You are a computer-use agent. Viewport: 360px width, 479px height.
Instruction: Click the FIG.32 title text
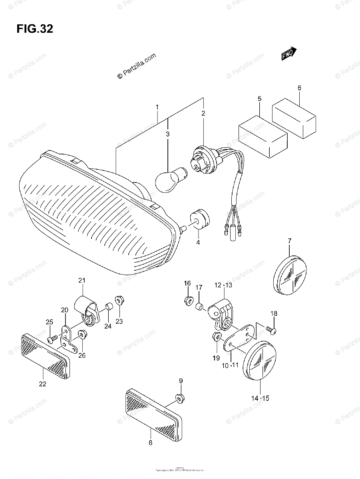[x=35, y=29]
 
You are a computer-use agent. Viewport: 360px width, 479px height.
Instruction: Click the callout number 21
[x=82, y=281]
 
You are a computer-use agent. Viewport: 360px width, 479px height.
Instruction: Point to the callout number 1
[x=157, y=107]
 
